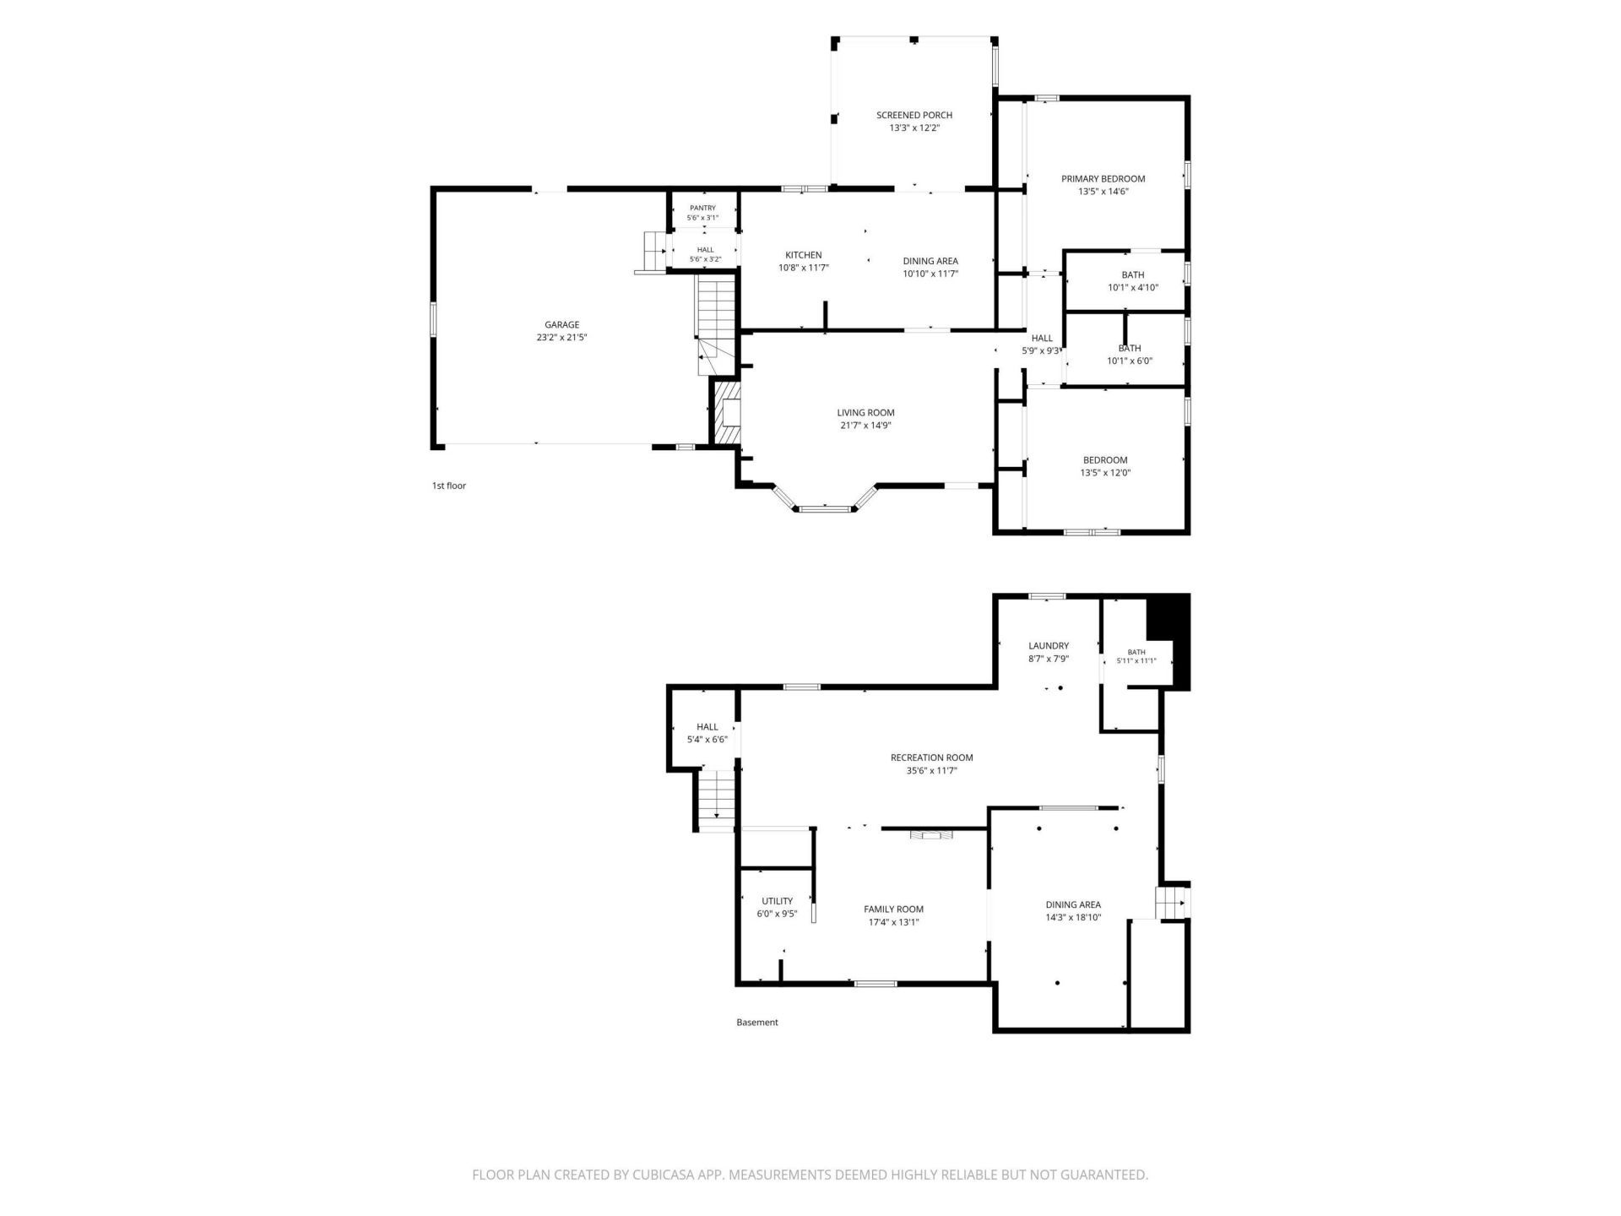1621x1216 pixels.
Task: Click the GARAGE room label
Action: [x=561, y=324]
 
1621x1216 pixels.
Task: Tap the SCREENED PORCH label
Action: [x=914, y=115]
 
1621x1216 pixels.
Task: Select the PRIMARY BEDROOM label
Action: [x=1103, y=178]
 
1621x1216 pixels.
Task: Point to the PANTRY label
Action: [x=702, y=208]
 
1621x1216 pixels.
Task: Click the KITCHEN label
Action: [x=803, y=255]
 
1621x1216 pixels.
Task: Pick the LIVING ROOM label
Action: [x=865, y=413]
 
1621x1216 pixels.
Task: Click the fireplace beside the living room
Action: [x=727, y=413]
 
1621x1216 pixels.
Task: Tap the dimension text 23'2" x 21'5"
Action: [x=561, y=338]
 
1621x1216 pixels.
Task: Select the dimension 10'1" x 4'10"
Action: [x=1133, y=288]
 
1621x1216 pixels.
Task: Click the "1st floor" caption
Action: [x=448, y=486]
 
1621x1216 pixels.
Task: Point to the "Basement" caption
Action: [x=756, y=1023]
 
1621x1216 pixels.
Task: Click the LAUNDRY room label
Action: [x=1049, y=646]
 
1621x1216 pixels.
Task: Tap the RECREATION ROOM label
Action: [x=931, y=757]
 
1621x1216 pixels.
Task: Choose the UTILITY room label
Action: [x=777, y=901]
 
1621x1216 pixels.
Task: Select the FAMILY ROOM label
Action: [x=893, y=909]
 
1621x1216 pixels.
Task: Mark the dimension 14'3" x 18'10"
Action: [x=1073, y=918]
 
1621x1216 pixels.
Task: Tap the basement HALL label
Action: [x=707, y=727]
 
